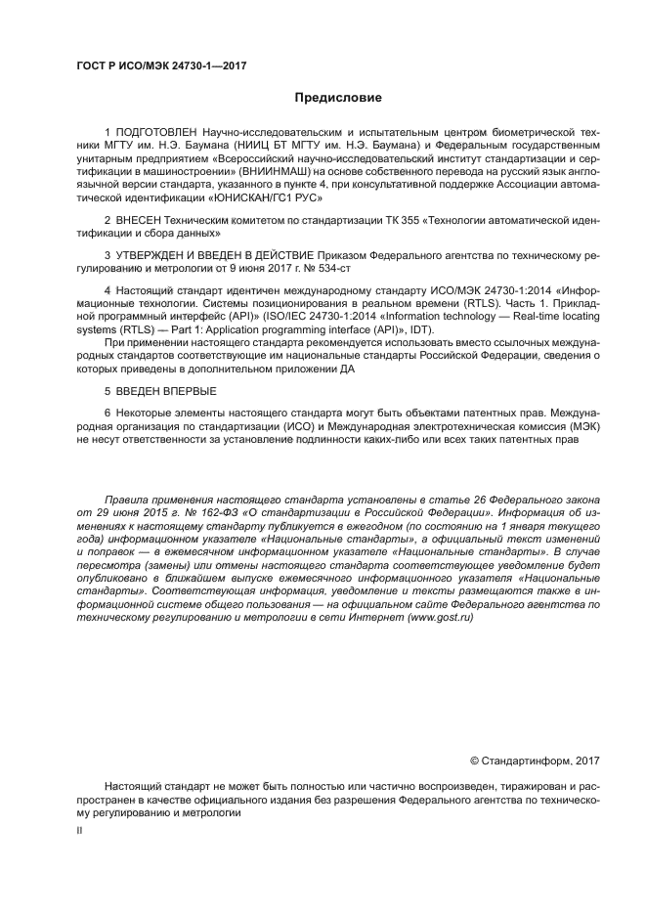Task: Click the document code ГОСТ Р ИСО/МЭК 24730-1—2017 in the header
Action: pos(160,66)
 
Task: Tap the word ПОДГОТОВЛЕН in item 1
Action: pos(157,131)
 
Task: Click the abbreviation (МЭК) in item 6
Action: pos(582,426)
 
